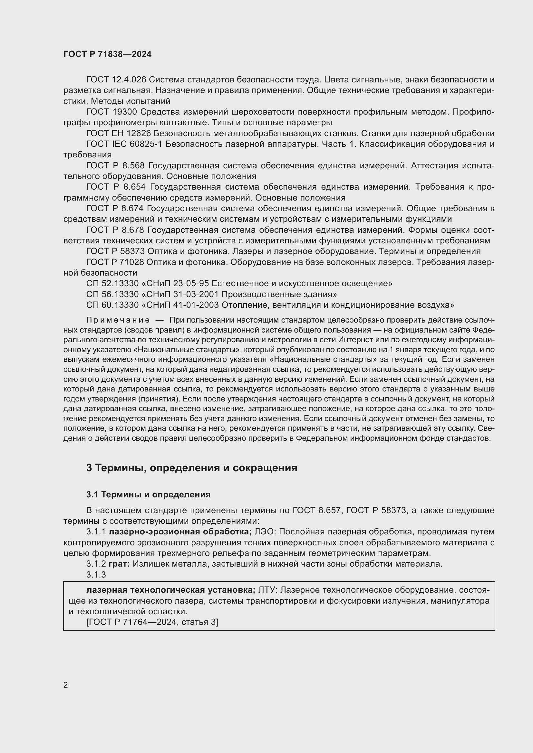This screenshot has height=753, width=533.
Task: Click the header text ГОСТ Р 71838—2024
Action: [107, 54]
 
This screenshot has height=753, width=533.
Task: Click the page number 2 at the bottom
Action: [66, 685]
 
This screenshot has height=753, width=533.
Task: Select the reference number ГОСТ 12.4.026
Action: [116, 80]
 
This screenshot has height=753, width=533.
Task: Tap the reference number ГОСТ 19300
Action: [111, 112]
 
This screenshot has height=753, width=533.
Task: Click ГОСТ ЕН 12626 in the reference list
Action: [118, 133]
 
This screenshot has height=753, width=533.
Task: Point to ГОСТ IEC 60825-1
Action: [124, 144]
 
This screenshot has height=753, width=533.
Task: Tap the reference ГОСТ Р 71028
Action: [115, 262]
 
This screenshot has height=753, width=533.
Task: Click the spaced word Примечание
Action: [118, 320]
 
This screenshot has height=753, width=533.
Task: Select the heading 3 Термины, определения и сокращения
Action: [192, 467]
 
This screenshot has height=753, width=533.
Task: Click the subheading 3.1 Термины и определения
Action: [148, 494]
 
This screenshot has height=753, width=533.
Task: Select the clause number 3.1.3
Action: [96, 575]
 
